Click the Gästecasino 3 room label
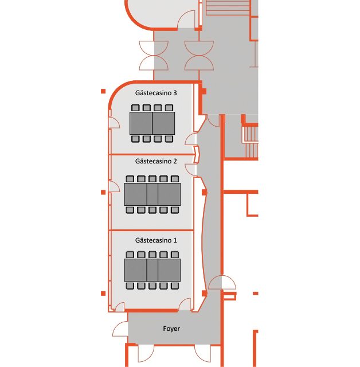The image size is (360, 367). pos(156,93)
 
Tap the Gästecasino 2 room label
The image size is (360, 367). pos(156,161)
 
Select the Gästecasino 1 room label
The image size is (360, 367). pos(156,240)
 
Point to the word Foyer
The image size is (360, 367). pos(171,329)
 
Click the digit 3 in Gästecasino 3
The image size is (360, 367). pos(175,93)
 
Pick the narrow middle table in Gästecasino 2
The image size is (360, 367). pos(152,194)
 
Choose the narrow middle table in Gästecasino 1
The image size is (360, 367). pos(152,270)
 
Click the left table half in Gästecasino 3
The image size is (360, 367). pos(141,123)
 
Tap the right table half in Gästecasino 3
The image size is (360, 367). pos(163,123)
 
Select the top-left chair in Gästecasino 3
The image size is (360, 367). pos(135,108)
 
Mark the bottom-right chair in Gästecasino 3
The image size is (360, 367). pos(169,139)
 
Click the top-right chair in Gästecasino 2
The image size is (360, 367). pos(175,179)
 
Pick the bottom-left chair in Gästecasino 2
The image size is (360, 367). pos(130,210)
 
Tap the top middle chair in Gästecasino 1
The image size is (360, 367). pos(152,255)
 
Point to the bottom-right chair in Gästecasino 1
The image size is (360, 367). pos(175,286)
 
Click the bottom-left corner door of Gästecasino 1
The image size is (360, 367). pos(120,307)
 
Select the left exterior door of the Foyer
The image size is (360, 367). pos(120,329)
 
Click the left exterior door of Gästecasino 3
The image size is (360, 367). pos(114,123)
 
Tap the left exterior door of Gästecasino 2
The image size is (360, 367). pos(114,186)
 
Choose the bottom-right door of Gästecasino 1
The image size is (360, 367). pos(185,304)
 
